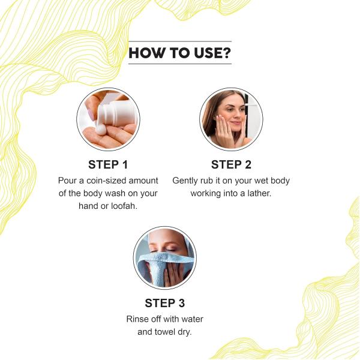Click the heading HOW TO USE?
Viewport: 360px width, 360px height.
click(x=180, y=53)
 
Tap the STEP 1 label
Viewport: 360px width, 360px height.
click(x=108, y=164)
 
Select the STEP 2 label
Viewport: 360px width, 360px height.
click(x=231, y=164)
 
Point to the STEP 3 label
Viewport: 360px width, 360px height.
click(x=165, y=303)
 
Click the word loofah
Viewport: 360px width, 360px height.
click(x=124, y=206)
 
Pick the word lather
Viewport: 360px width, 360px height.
click(x=259, y=193)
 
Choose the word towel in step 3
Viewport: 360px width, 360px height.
click(x=165, y=332)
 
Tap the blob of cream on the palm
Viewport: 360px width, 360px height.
click(x=100, y=130)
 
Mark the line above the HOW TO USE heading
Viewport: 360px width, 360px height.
click(x=180, y=41)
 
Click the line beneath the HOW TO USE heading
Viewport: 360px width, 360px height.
click(x=180, y=64)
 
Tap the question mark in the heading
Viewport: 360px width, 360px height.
click(x=226, y=53)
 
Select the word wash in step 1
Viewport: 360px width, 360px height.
click(x=116, y=193)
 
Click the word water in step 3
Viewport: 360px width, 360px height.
click(x=192, y=319)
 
